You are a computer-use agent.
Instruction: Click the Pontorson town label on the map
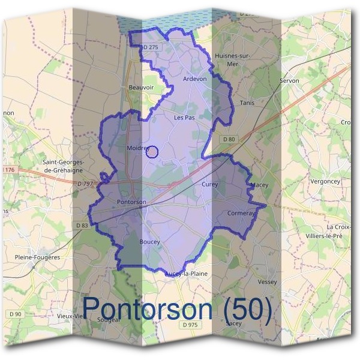(x=132, y=202)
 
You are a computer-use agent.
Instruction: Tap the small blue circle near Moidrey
(x=152, y=152)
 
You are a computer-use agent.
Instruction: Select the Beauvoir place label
(x=142, y=88)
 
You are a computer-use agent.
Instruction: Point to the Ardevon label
(x=194, y=79)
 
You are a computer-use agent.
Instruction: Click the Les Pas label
(x=184, y=118)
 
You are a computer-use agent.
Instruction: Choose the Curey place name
(x=210, y=185)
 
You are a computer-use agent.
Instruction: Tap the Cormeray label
(x=241, y=214)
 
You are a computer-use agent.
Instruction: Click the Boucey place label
(x=149, y=242)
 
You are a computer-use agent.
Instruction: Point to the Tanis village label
(x=247, y=103)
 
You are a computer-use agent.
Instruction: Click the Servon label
(x=289, y=80)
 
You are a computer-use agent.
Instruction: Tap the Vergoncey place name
(x=326, y=181)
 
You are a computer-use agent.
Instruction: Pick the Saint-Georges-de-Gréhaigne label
(x=63, y=166)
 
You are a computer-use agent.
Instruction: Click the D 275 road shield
(x=151, y=47)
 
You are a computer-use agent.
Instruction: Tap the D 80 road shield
(x=229, y=140)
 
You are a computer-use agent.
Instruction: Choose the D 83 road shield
(x=82, y=225)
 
